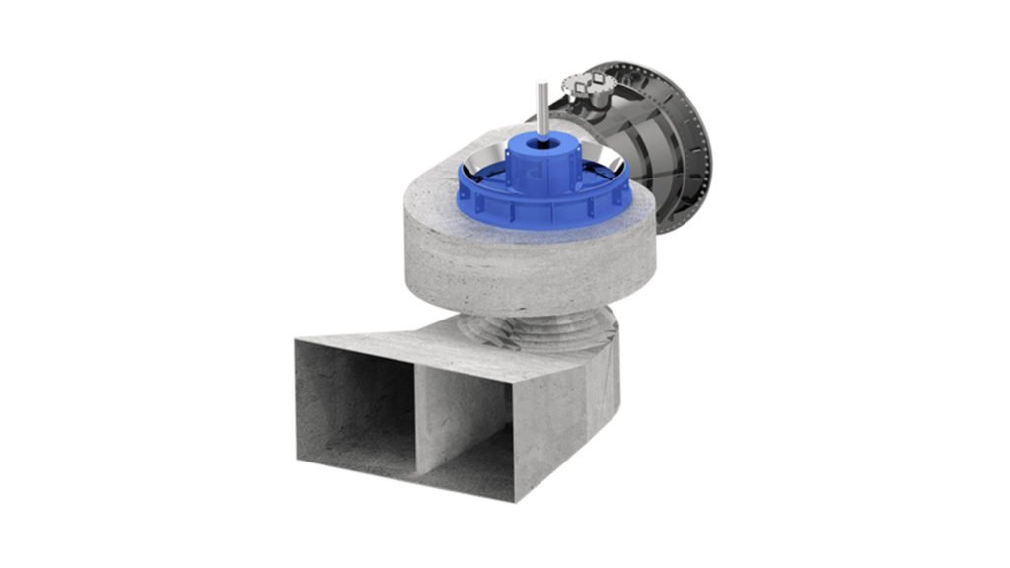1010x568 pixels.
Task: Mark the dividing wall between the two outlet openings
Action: pos(416,414)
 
